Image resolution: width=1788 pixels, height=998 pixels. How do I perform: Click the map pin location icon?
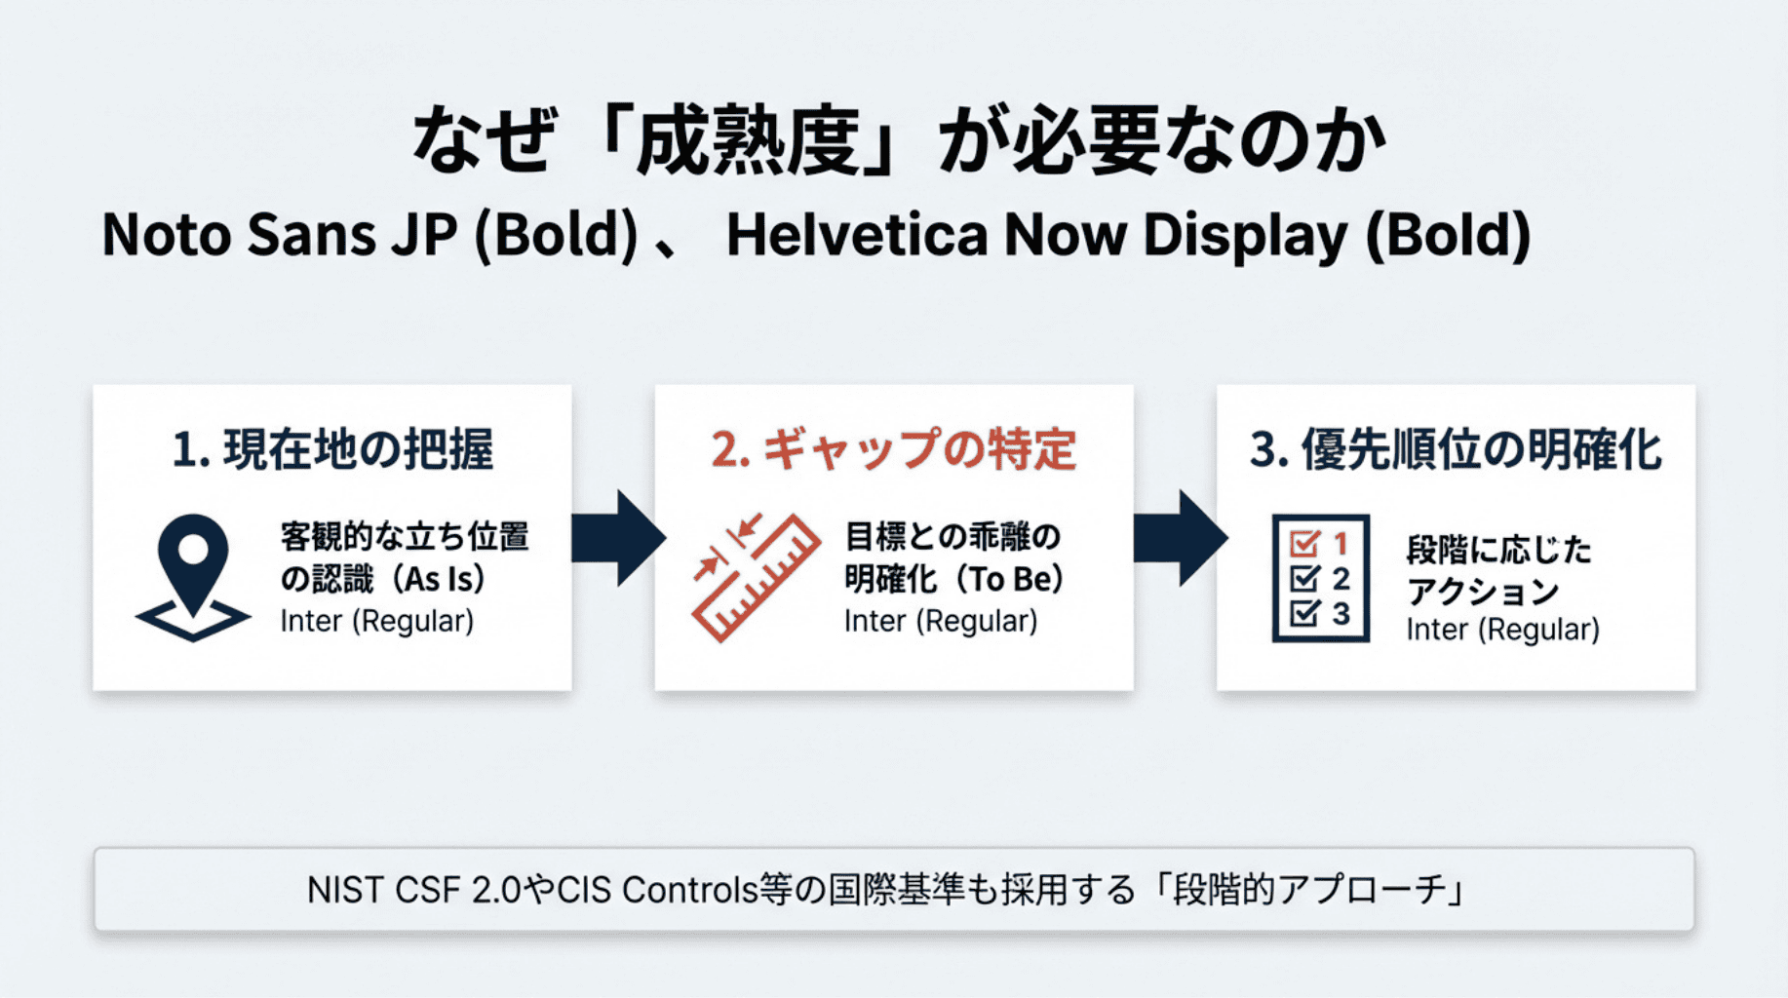click(193, 575)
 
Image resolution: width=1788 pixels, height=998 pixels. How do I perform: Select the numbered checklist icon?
click(1320, 578)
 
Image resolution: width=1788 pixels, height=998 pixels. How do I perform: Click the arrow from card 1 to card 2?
click(617, 538)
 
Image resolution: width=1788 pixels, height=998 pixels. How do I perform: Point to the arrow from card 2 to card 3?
click(1180, 538)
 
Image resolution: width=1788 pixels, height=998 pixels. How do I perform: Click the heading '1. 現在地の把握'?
click(332, 449)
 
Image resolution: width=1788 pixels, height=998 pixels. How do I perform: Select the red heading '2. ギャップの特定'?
click(893, 449)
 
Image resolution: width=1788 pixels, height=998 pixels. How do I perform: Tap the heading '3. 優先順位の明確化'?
click(1456, 449)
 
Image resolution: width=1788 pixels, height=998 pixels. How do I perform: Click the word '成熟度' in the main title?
click(748, 141)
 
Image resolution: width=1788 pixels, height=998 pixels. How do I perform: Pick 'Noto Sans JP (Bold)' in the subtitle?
click(370, 235)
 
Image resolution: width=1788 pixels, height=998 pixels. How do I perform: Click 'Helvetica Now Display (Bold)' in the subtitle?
click(1128, 235)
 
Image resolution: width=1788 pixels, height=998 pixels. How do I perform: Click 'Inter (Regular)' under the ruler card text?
click(941, 621)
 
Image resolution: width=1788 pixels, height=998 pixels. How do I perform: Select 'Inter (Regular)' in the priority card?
click(1502, 630)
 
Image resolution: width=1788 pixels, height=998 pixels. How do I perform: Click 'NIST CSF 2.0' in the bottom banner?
click(413, 890)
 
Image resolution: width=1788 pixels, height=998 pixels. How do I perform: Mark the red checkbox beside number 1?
click(1303, 543)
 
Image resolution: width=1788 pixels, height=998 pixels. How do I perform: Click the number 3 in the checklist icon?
click(1341, 614)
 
